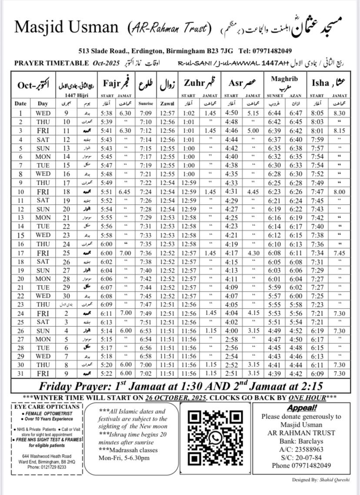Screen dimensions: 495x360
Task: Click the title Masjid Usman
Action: (x=66, y=27)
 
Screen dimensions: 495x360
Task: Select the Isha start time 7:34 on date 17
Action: (x=317, y=253)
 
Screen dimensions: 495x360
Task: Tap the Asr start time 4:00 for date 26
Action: (x=232, y=330)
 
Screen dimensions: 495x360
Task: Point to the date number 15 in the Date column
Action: (x=20, y=235)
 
